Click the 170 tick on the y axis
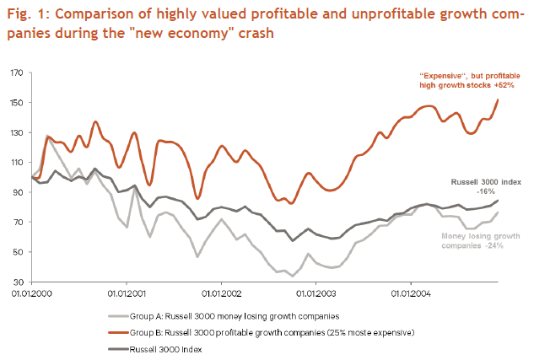pos(17,73)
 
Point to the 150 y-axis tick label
pos(17,103)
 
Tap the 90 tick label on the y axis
pos(19,192)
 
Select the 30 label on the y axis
pos(19,282)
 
